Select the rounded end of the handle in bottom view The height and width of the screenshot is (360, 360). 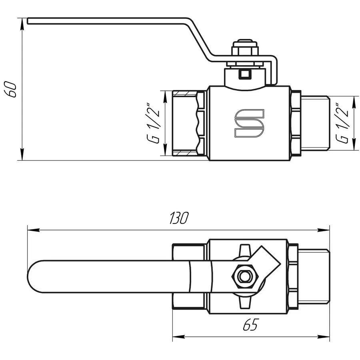[x=36, y=276]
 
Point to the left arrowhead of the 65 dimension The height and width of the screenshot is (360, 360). [x=178, y=336]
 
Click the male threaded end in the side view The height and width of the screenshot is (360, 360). [x=314, y=123]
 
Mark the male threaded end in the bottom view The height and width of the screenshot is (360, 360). [x=314, y=276]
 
